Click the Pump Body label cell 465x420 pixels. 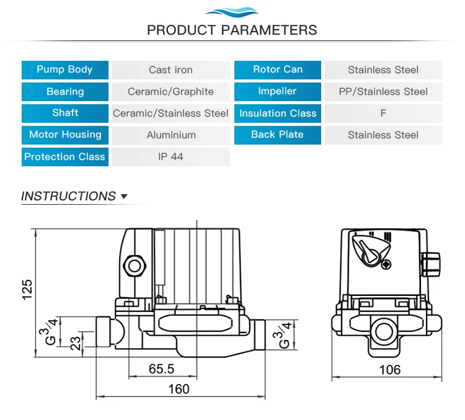pos(64,69)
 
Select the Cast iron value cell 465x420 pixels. pos(170,70)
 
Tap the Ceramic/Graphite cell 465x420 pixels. pos(170,92)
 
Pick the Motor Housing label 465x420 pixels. pos(64,135)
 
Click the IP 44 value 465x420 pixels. pos(170,156)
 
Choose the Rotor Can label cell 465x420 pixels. pos(277,69)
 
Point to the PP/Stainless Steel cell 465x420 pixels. pos(383,92)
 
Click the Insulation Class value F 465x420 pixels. pos(383,114)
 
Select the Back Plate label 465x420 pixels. pos(277,135)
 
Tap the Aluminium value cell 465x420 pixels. pos(170,135)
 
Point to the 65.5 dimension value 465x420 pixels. pos(162,369)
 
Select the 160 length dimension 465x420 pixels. pos(179,389)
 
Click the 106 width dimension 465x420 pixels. pos(389,370)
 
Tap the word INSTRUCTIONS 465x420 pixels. pos(68,196)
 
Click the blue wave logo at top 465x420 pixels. pos(232,11)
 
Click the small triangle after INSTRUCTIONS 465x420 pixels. pos(124,197)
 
